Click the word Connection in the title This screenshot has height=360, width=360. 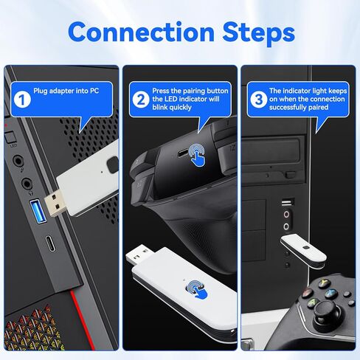141,32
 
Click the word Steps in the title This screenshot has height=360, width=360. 258,34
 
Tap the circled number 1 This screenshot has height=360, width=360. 22,100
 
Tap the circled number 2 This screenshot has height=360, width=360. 141,100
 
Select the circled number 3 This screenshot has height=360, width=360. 259,100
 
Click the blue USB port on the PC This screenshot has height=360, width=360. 38,212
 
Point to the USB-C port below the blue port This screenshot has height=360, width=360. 51,243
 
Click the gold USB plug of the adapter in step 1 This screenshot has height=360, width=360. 55,202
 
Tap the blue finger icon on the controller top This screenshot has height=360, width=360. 197,155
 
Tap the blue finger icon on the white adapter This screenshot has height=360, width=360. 197,290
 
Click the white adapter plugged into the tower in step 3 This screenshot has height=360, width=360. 304,251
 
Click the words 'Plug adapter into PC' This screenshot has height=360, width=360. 66,91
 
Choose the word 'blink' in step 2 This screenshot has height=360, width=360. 160,108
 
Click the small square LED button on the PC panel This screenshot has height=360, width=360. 10,138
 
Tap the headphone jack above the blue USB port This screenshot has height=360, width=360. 27,184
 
